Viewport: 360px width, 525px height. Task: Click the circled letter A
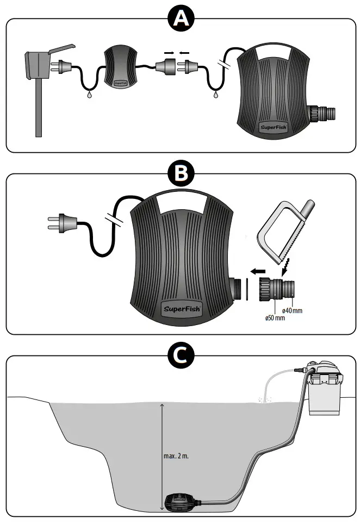coord(180,19)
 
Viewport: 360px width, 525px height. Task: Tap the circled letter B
coord(180,174)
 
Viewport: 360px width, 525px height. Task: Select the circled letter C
coord(180,355)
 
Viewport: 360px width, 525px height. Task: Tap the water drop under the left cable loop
coord(88,93)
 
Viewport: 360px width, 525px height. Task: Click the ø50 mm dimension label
coord(275,318)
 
